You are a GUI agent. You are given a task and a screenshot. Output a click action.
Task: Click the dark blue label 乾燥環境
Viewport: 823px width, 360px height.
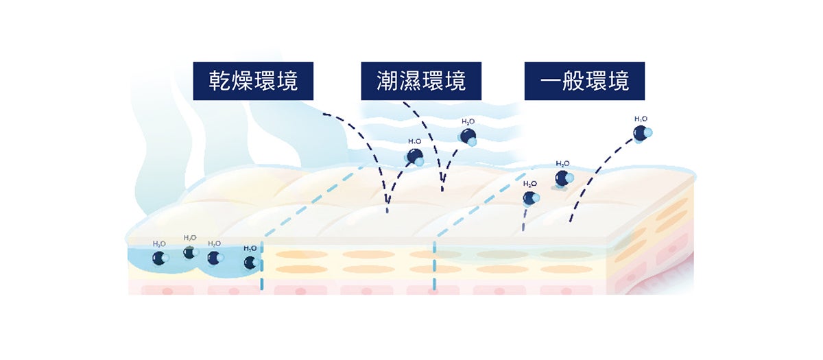(253, 81)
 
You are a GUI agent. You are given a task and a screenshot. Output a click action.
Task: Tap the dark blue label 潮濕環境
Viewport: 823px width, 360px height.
(421, 81)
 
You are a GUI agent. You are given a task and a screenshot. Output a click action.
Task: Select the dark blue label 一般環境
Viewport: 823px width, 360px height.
(584, 81)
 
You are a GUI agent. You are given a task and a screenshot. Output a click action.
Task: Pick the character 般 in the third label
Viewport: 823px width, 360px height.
(573, 81)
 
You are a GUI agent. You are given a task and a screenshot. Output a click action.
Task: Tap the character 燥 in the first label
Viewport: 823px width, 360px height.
(242, 81)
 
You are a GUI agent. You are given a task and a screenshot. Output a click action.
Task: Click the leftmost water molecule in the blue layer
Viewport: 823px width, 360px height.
(159, 259)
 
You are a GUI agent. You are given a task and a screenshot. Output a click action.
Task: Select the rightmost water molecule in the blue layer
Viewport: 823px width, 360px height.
(250, 262)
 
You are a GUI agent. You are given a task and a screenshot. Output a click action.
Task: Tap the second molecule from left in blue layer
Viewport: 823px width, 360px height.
(190, 252)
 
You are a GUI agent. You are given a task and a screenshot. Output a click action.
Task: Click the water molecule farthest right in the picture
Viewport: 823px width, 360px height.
(641, 134)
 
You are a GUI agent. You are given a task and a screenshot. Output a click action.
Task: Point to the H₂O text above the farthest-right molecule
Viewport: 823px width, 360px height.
(641, 119)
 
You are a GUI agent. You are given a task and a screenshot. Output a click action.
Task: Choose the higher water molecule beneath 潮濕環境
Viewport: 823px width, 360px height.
(468, 136)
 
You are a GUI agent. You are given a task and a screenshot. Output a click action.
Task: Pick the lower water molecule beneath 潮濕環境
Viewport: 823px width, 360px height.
(416, 156)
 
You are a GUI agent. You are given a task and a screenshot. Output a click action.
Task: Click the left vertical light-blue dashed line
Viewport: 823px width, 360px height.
(262, 267)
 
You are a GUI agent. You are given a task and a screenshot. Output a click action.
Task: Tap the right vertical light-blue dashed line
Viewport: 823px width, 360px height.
(434, 264)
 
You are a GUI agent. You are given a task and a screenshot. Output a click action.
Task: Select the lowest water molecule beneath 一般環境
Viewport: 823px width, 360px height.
(530, 198)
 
